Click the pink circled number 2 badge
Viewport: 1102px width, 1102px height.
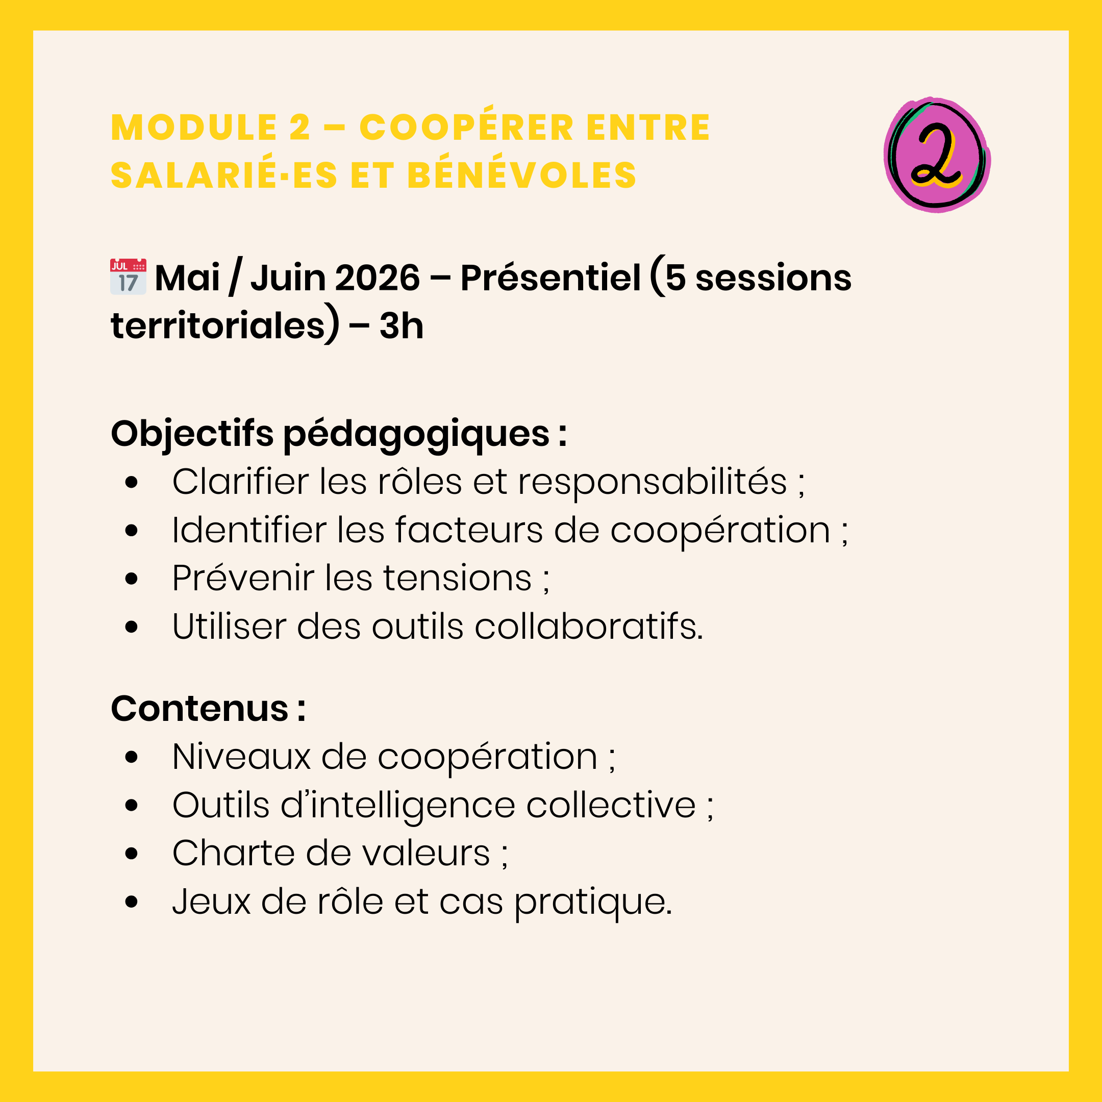click(937, 155)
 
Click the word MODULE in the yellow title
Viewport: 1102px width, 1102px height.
click(186, 127)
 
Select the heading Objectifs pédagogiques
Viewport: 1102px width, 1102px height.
click(339, 435)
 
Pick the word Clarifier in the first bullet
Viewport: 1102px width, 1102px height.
click(240, 482)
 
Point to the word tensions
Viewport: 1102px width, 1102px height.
click(457, 579)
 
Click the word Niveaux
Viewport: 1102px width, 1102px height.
click(241, 757)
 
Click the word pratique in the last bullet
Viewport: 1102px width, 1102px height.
click(593, 904)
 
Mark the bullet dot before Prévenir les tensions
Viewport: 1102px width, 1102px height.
click(131, 579)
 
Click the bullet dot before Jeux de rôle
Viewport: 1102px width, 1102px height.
click(131, 903)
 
